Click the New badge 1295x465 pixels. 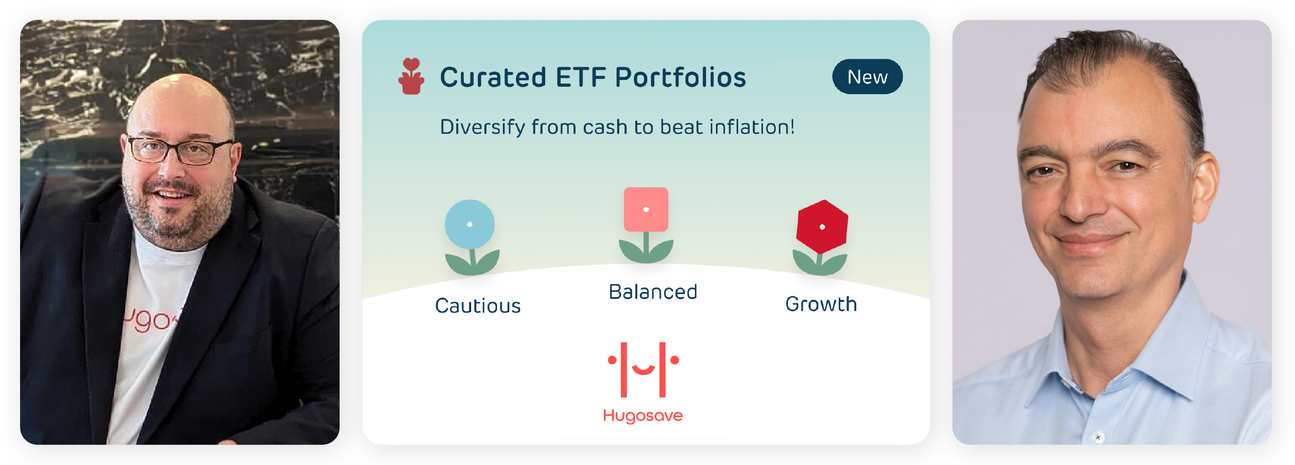(867, 77)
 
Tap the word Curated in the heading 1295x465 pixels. (493, 77)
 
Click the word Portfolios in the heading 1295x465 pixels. (681, 77)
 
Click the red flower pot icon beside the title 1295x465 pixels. (411, 76)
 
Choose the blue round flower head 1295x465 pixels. (470, 224)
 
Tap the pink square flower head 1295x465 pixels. (646, 209)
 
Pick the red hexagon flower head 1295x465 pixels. (822, 226)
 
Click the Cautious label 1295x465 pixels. (478, 306)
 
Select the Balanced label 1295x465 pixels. (653, 292)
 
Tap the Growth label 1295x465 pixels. (821, 304)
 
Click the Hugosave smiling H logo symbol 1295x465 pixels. (643, 370)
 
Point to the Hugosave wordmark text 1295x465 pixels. (643, 416)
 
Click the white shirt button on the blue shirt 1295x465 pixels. (1098, 437)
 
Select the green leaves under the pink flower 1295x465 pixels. (646, 250)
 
